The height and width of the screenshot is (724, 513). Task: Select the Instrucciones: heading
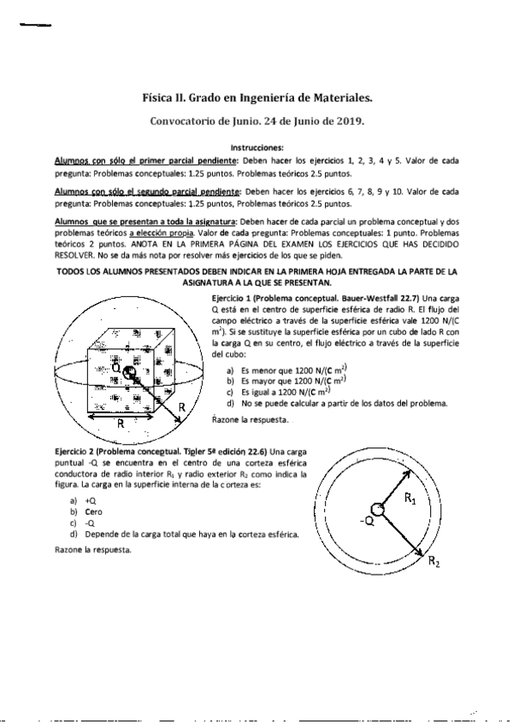coord(256,147)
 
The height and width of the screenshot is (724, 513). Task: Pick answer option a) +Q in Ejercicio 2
coord(91,500)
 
